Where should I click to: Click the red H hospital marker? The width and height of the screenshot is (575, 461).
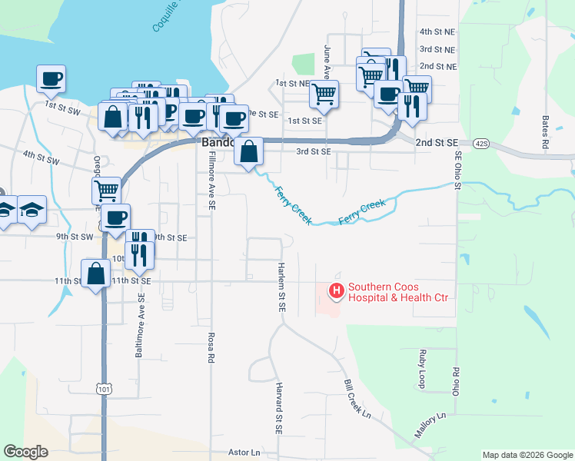point(336,291)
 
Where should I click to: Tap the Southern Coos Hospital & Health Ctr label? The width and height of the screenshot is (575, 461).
point(397,293)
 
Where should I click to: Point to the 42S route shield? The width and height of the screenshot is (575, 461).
point(482,143)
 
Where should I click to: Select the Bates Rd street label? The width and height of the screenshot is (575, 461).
point(545,132)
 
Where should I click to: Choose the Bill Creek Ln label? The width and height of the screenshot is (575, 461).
point(357,397)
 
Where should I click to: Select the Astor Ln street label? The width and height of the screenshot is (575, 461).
point(244,453)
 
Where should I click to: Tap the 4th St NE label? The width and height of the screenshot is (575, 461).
point(437,32)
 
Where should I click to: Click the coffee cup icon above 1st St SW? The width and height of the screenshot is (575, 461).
point(51,78)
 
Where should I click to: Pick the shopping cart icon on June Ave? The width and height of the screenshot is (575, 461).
point(324,95)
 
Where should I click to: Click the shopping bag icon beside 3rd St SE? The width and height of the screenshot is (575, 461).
point(249,151)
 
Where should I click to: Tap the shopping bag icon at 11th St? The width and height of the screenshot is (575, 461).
point(95,273)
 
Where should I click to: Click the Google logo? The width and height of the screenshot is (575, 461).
point(25,452)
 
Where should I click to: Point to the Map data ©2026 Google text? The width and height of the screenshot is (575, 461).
point(527,455)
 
